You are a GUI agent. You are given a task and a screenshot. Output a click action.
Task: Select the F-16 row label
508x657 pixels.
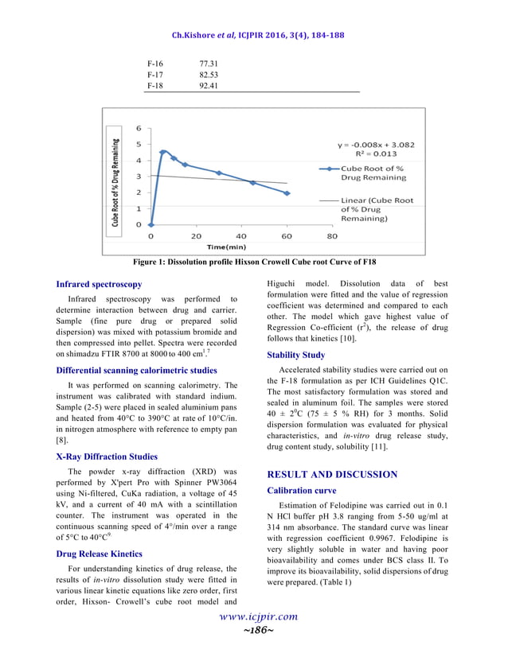(156, 60)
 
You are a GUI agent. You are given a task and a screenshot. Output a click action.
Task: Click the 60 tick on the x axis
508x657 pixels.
(287, 236)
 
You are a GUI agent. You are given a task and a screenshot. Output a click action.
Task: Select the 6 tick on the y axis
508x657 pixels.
(139, 128)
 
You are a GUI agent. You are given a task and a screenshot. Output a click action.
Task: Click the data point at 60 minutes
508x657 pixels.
(287, 193)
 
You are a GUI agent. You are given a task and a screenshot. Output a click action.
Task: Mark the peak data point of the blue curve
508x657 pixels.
(163, 151)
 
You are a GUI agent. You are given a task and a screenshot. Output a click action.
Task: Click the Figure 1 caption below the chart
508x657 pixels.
(254, 262)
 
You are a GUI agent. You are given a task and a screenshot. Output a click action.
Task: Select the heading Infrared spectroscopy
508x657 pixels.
(100, 284)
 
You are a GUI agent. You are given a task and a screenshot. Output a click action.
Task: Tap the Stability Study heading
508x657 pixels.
(295, 355)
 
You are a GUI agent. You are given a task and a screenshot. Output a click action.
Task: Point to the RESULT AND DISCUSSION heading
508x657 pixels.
(332, 475)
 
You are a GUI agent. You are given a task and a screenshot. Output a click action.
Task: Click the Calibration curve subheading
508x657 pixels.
(302, 491)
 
